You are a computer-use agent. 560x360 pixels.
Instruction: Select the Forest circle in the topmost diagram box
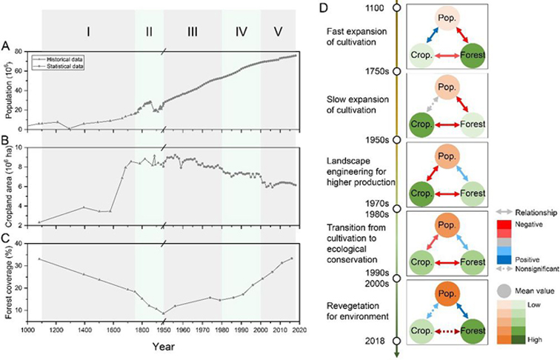[x=472, y=56]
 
